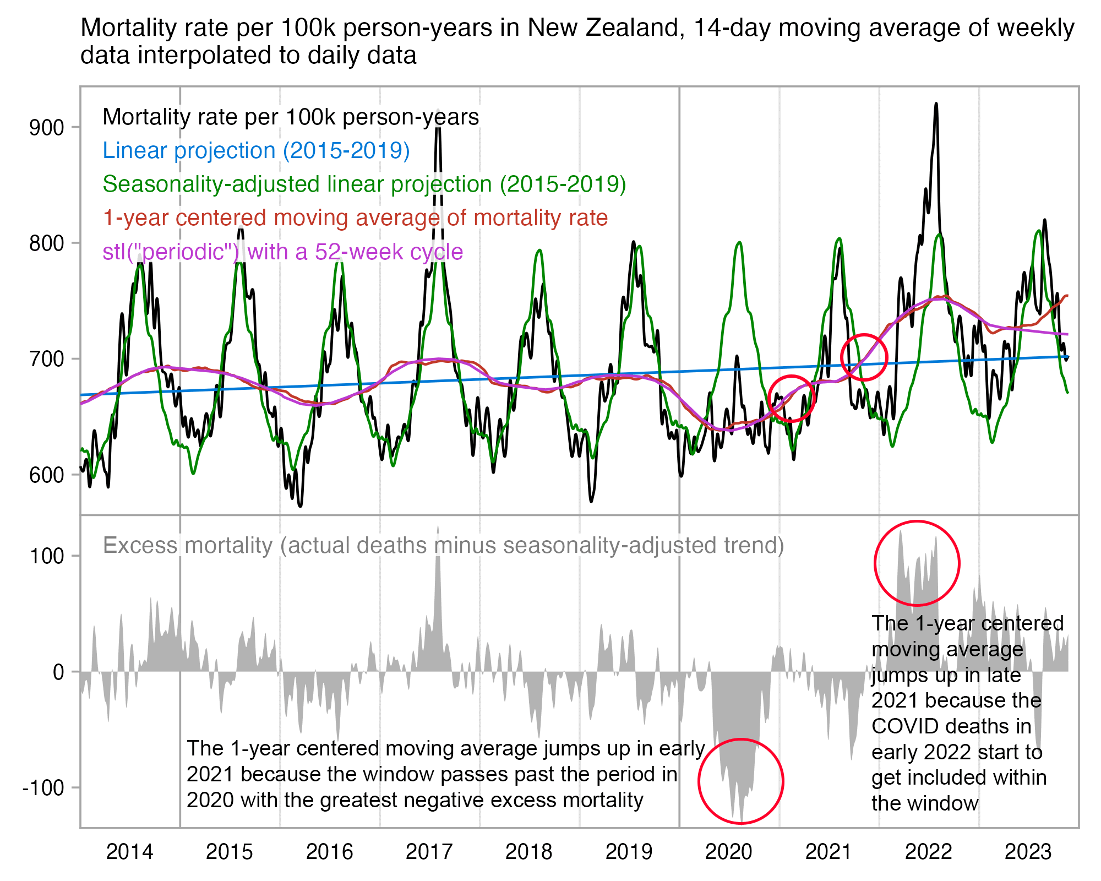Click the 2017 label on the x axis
point(429,852)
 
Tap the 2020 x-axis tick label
point(728,852)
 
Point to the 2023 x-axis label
point(1028,852)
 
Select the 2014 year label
point(129,852)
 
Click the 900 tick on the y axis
point(46,128)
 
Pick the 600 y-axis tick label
point(46,475)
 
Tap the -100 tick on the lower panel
point(43,788)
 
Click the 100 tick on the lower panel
point(46,556)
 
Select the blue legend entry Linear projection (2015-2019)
point(256,150)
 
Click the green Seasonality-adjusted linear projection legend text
point(364,184)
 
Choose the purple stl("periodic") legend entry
point(282,252)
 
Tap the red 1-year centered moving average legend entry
point(355,218)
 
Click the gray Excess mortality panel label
point(443,545)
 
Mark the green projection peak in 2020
point(739,243)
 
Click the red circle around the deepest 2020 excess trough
point(740,739)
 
